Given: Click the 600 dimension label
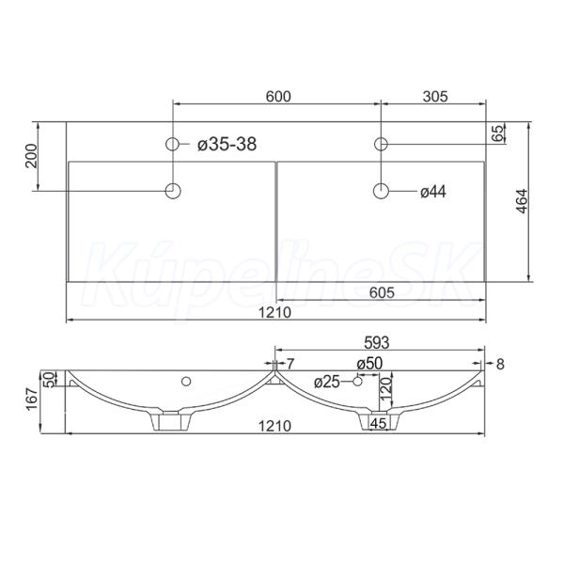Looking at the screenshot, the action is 278,97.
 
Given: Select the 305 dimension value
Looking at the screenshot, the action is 435,97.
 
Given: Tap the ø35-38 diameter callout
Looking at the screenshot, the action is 227,145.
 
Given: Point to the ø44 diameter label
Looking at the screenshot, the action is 433,192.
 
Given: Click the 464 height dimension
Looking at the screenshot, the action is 522,201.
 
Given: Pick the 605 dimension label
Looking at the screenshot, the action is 382,292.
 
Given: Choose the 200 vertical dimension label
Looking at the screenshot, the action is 32,156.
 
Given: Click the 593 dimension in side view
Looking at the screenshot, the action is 377,343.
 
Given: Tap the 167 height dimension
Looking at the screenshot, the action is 32,399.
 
